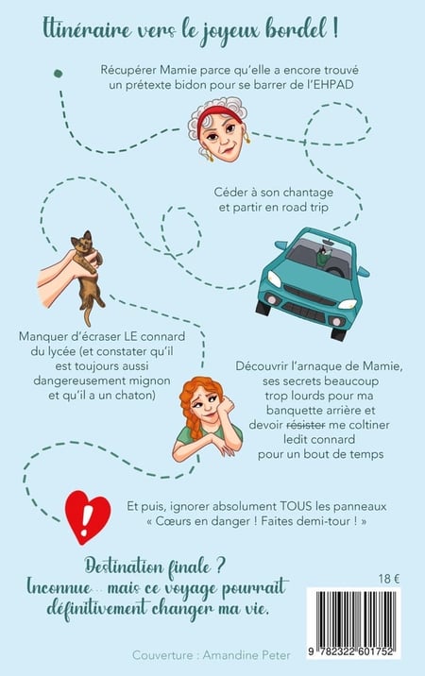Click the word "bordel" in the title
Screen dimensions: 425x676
[295, 29]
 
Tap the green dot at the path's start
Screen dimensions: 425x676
[58, 74]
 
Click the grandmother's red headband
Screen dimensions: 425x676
[220, 113]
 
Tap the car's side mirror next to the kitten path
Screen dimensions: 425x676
[280, 245]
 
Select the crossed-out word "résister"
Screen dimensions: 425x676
[306, 425]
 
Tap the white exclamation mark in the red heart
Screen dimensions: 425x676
[88, 515]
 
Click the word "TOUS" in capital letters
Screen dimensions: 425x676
[296, 506]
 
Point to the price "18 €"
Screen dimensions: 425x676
[389, 579]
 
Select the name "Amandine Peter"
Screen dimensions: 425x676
[246, 655]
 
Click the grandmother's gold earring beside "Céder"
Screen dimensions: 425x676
[248, 138]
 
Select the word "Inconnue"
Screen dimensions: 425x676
[59, 586]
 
